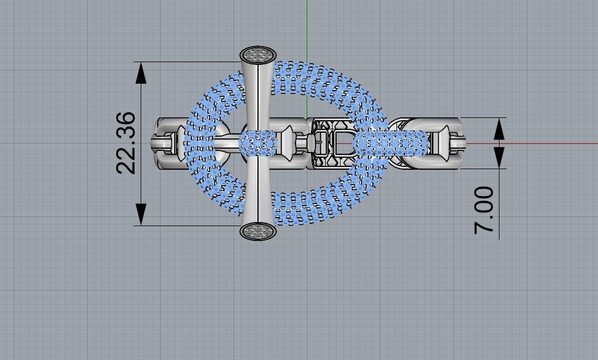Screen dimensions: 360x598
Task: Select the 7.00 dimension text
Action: tap(484, 210)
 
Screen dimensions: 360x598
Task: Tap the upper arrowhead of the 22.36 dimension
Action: tap(141, 72)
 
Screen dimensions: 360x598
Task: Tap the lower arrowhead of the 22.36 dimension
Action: tap(141, 215)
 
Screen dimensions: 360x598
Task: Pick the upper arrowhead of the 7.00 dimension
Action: tap(499, 128)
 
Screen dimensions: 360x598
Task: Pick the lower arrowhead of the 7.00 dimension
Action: tap(499, 158)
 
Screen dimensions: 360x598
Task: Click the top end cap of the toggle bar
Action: tap(257, 55)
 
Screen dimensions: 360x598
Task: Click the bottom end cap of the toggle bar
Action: tap(257, 231)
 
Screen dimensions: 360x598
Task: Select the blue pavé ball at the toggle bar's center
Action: tap(258, 142)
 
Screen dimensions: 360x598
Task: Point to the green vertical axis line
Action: tap(306, 28)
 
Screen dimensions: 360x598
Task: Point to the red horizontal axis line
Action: tap(541, 143)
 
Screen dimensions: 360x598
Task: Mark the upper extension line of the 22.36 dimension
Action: tap(188, 62)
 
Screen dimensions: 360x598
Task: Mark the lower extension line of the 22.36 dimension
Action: tap(188, 226)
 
